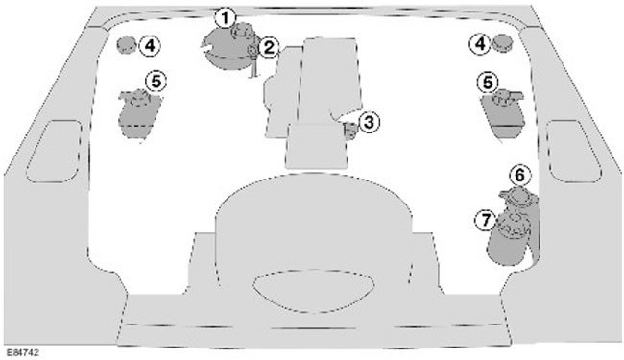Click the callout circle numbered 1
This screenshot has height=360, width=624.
tap(226, 18)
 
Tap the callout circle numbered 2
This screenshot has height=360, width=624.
tap(269, 49)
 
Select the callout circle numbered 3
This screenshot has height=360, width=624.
tap(369, 123)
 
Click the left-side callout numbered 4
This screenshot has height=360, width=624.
tap(150, 46)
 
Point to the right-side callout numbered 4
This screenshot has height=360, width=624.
tap(481, 44)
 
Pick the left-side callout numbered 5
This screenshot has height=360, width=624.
tap(156, 82)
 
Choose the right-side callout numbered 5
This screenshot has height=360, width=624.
tap(488, 83)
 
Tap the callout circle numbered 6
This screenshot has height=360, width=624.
tap(520, 176)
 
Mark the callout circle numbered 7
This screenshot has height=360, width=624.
tap(486, 220)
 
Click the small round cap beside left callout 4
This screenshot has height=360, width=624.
tap(127, 44)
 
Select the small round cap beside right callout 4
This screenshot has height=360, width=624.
tap(503, 42)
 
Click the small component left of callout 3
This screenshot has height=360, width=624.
tap(350, 132)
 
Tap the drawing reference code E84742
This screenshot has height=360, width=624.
tap(23, 352)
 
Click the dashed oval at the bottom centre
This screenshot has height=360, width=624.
tap(314, 291)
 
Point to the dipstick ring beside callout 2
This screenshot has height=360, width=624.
tap(252, 51)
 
